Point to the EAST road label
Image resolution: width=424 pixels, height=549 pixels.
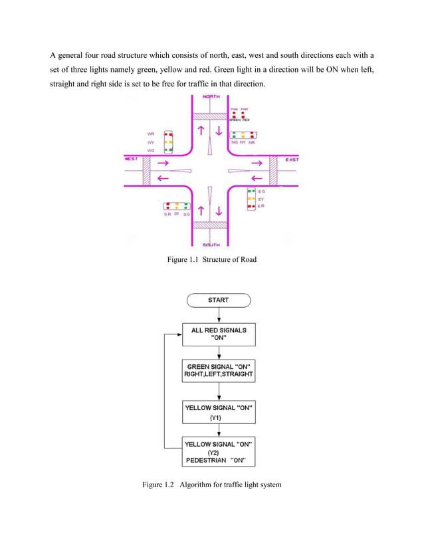tap(292, 160)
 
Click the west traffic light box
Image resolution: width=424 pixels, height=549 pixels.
tap(169, 142)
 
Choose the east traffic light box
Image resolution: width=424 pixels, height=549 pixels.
tap(251, 198)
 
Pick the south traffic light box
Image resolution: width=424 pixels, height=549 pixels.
tap(177, 206)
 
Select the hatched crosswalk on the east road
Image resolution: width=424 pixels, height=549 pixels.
tap(272, 171)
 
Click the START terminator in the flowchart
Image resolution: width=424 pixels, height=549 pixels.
tap(218, 300)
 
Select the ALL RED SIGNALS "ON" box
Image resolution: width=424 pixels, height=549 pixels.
tap(218, 334)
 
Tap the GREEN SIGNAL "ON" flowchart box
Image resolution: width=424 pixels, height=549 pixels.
tap(218, 371)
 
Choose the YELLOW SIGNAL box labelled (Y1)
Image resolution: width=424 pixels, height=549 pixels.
tap(218, 411)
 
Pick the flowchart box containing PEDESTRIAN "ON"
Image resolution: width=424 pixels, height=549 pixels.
tap(218, 451)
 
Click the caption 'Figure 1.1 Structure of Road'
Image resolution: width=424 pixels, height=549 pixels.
tap(211, 259)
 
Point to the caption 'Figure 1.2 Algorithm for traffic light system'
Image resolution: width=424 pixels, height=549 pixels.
tap(212, 485)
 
